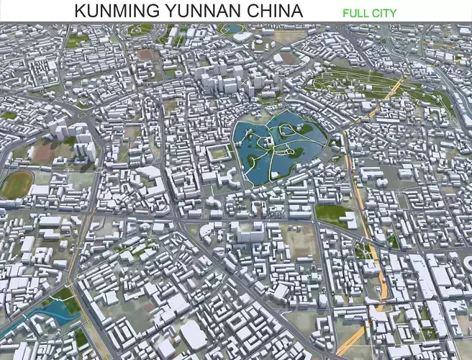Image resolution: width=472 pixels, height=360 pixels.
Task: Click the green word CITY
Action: click(x=383, y=12)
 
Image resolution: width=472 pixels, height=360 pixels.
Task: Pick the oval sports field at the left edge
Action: click(x=16, y=184)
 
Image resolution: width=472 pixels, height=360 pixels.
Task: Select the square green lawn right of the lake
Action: click(x=332, y=214)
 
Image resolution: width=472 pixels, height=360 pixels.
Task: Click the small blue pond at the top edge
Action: click(x=232, y=30)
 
